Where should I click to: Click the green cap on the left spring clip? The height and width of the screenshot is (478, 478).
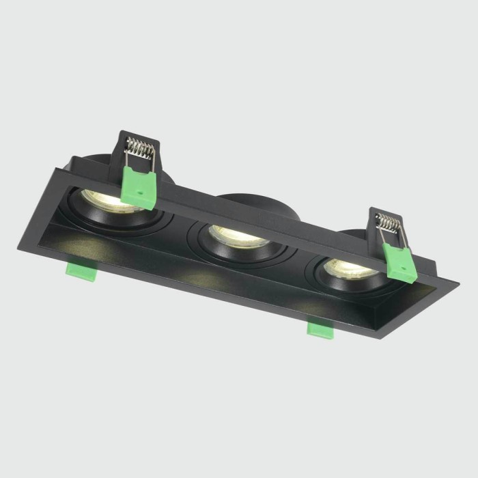coord(139,186)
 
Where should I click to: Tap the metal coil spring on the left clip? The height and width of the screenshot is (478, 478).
coord(141,147)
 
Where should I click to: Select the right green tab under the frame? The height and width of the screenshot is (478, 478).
coord(319,329)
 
